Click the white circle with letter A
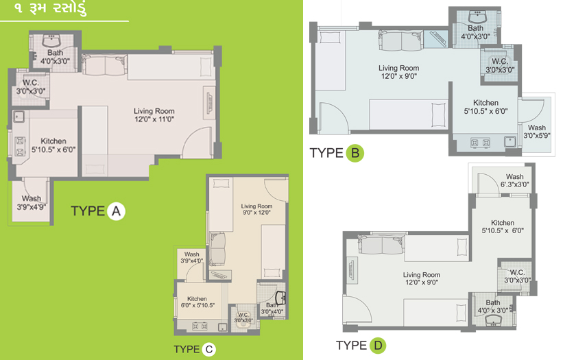click(x=116, y=211)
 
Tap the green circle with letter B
click(x=355, y=153)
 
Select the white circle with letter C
click(x=209, y=349)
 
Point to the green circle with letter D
click(x=378, y=346)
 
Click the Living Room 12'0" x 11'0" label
click(x=154, y=115)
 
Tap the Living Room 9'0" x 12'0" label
click(x=256, y=209)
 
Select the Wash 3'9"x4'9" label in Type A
click(x=32, y=203)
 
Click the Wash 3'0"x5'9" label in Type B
click(x=537, y=132)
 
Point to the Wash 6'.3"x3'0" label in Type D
click(x=515, y=180)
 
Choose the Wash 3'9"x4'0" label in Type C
click(x=192, y=258)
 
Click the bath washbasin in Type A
click(x=53, y=40)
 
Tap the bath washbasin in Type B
click(x=477, y=16)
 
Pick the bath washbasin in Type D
click(x=493, y=321)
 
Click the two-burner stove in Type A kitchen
click(x=20, y=146)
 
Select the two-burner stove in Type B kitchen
click(x=481, y=143)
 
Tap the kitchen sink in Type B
click(x=509, y=141)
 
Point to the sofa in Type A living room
click(x=104, y=65)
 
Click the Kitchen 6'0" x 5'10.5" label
click(x=197, y=302)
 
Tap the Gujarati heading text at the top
click(x=50, y=8)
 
